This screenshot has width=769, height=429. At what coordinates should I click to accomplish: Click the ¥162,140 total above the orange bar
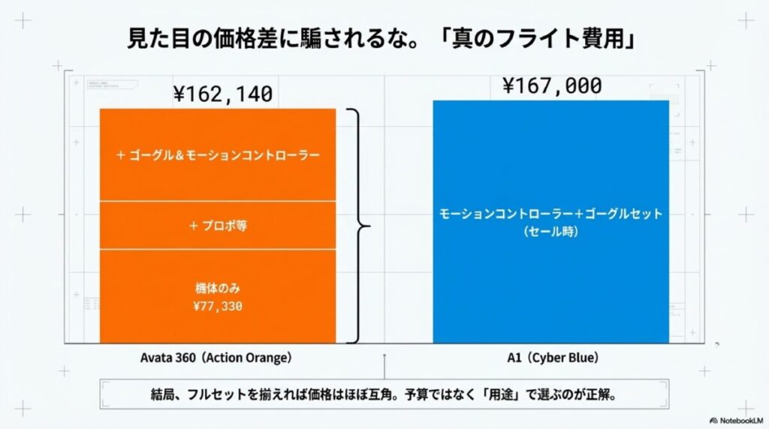click(222, 94)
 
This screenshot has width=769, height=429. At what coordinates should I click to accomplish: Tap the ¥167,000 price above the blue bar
click(552, 86)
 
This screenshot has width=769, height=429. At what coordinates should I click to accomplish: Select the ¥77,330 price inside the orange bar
click(218, 306)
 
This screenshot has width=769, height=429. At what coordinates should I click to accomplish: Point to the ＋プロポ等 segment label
click(218, 226)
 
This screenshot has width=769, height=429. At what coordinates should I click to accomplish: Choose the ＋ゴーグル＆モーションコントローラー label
click(218, 155)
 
